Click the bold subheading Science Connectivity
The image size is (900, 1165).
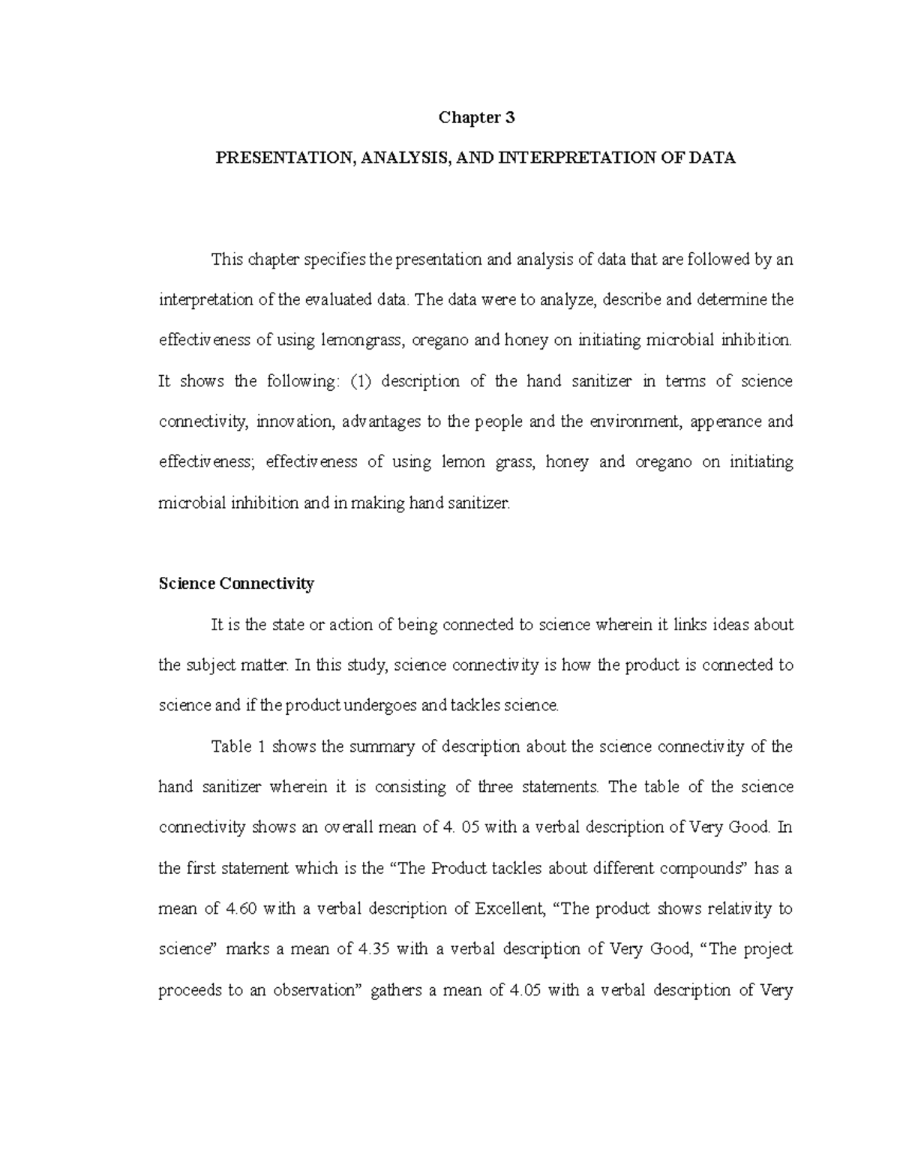coord(236,584)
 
